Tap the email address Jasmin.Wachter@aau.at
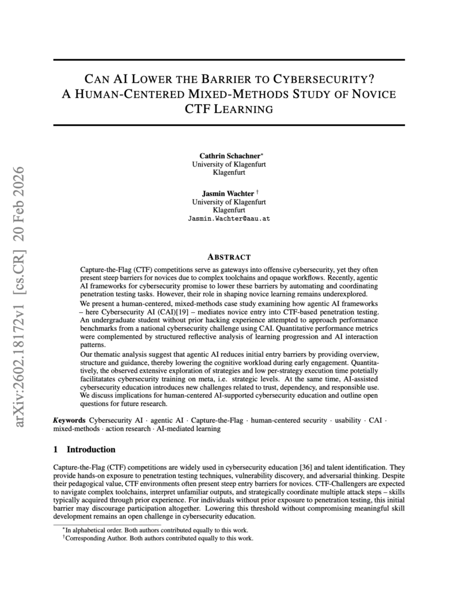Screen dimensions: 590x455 tap(229, 219)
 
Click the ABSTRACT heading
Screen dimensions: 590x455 tap(229, 257)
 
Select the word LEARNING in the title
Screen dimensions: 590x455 tap(244, 108)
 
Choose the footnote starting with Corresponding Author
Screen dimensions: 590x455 tap(158, 538)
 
